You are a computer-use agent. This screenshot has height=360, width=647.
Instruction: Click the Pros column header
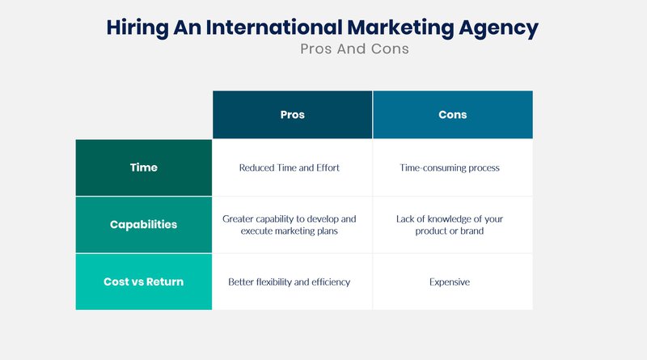click(292, 115)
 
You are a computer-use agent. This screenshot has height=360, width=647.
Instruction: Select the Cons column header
click(453, 115)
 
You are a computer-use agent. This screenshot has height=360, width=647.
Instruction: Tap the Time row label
click(144, 167)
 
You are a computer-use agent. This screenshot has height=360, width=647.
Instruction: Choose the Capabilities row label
click(144, 225)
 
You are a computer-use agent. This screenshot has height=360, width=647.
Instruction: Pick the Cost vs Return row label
click(144, 282)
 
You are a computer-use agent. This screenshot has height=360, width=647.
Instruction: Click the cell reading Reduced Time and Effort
click(292, 167)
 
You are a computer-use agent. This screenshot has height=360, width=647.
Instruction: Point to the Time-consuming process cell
click(453, 167)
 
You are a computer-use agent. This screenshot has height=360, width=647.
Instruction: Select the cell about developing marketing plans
click(292, 225)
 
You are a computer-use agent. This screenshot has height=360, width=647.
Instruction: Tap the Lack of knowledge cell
click(453, 225)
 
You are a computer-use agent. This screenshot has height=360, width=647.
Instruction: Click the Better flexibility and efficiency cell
click(292, 282)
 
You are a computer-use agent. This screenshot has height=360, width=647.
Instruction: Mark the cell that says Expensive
click(453, 282)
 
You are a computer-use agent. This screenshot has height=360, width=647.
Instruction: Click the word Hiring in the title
click(137, 28)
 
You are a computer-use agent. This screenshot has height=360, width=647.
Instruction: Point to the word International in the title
click(274, 28)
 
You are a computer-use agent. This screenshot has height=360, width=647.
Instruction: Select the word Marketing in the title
click(400, 28)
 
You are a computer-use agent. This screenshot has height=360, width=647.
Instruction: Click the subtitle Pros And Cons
click(354, 49)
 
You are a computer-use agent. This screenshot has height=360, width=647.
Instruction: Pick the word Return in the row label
click(165, 282)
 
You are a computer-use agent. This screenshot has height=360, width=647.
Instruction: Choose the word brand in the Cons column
click(472, 231)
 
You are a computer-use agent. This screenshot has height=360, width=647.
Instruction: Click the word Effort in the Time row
click(328, 167)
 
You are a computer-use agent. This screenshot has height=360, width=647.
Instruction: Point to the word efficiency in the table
click(331, 282)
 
